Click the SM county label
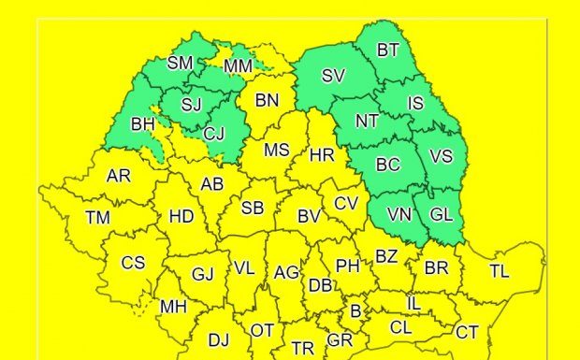coord(181,64)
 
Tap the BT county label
coord(387,50)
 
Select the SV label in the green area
coord(333,77)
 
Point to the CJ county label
coord(214,133)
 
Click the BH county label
coord(143,123)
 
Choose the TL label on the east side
coord(500,270)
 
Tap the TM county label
coord(97,217)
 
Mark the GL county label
coord(442,214)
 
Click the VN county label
coord(399,214)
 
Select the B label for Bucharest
coord(355,310)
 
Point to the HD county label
coord(181,217)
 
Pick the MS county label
coord(276,150)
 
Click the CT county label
coord(467,332)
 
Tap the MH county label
coord(173,306)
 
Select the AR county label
coord(119,175)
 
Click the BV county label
coord(310,216)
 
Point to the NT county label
coord(367,120)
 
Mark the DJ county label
coord(218,339)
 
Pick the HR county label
coord(322,155)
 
